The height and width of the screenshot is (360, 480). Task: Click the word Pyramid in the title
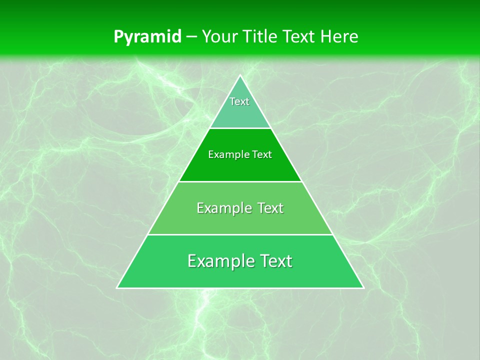pos(147,37)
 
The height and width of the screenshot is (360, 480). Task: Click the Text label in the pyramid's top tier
pos(239,101)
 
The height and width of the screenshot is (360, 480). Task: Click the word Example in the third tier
pos(224,208)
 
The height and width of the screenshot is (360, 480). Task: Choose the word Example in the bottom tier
pos(220,261)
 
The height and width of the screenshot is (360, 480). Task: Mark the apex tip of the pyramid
pos(240,75)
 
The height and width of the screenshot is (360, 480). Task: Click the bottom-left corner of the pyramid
pos(117,288)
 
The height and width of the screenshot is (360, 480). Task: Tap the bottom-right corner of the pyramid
pos(363,288)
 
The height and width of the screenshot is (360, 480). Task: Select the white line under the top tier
pos(240,128)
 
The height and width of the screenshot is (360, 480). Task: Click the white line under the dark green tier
pos(240,181)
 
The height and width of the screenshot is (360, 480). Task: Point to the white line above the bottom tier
pos(240,234)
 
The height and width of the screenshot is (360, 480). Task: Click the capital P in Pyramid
pos(118,36)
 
